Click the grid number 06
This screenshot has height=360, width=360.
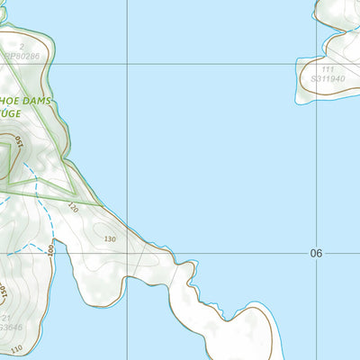[316, 254]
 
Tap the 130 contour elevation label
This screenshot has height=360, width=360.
[111, 238]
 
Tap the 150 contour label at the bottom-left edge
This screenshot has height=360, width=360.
[3, 294]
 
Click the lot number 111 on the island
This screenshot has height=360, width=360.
[328, 69]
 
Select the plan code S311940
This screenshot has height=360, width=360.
[328, 79]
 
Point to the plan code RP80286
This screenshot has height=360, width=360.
[22, 56]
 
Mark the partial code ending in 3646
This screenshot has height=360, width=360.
[9, 328]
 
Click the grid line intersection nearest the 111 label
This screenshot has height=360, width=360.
[317, 63]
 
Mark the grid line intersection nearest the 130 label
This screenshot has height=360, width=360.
[127, 253]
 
